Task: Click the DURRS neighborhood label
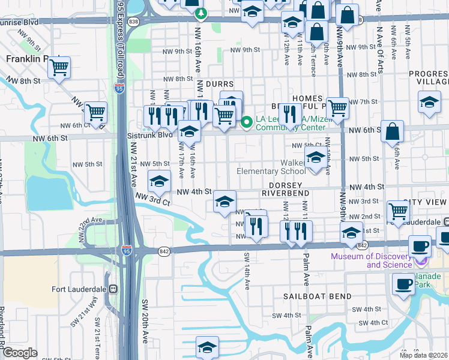click(x=219, y=85)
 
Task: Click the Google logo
click(x=20, y=352)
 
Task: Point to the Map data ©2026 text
click(x=424, y=355)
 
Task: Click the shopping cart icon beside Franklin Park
click(x=59, y=67)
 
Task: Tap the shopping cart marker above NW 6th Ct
click(x=95, y=112)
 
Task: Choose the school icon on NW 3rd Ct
click(x=159, y=181)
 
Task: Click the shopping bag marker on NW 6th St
click(x=392, y=132)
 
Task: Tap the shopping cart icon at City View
click(x=398, y=211)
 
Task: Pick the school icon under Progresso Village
click(x=430, y=101)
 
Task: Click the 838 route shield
click(x=133, y=22)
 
